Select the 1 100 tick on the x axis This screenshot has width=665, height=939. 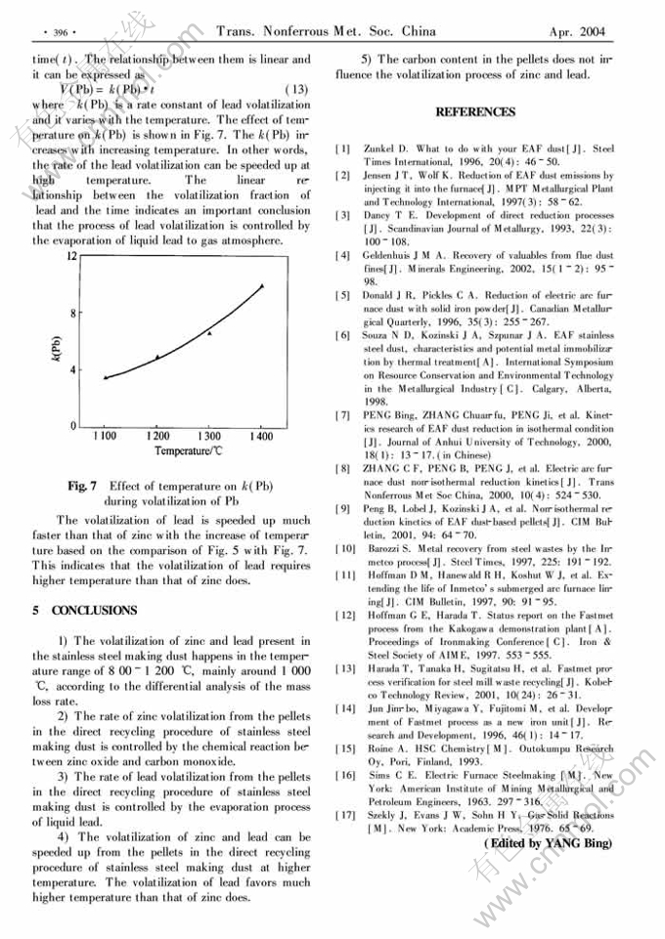click(x=106, y=436)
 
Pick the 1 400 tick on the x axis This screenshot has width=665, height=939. click(x=261, y=436)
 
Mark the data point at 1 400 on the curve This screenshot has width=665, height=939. click(x=261, y=285)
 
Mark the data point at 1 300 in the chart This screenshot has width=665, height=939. click(x=209, y=333)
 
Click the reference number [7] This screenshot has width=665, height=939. click(x=343, y=415)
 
